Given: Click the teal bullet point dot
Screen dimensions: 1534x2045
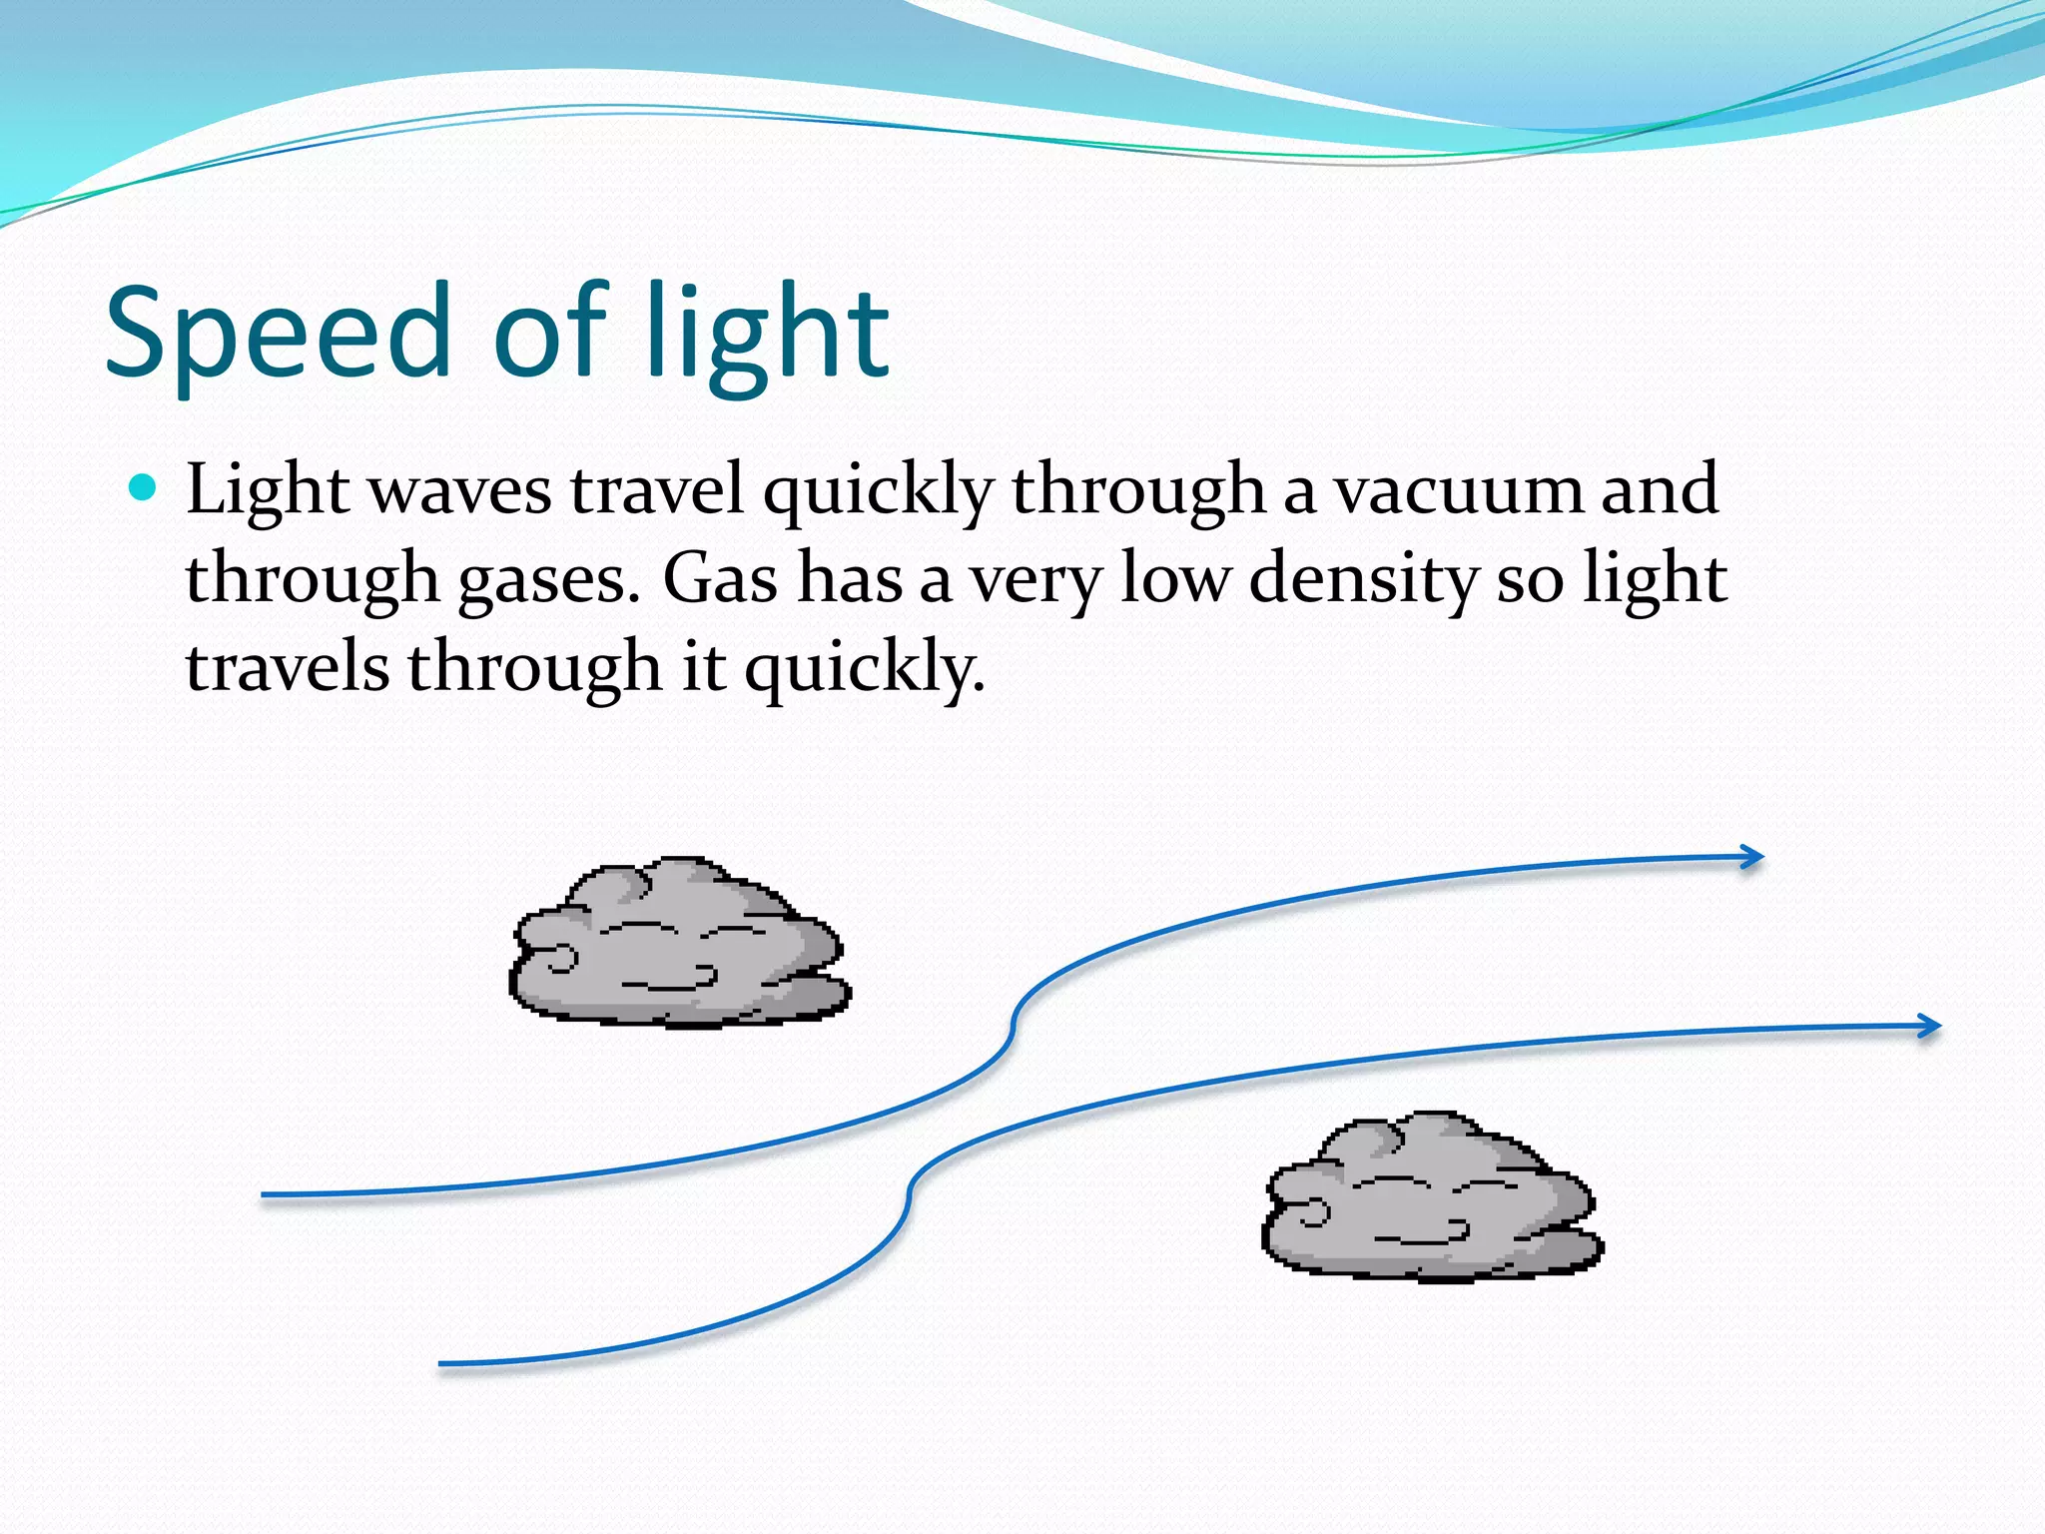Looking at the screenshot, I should [144, 488].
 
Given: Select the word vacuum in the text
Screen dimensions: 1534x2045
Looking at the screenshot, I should [1459, 490].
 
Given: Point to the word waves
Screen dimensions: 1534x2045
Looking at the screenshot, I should [458, 490].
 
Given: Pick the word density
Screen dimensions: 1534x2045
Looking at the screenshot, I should [1362, 579].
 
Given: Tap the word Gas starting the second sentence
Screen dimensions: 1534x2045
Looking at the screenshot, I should [720, 579].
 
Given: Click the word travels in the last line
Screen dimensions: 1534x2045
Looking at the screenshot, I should [287, 667].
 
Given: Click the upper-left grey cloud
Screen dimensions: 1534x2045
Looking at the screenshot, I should [679, 944].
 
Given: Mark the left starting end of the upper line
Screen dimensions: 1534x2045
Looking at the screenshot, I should [266, 1194].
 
